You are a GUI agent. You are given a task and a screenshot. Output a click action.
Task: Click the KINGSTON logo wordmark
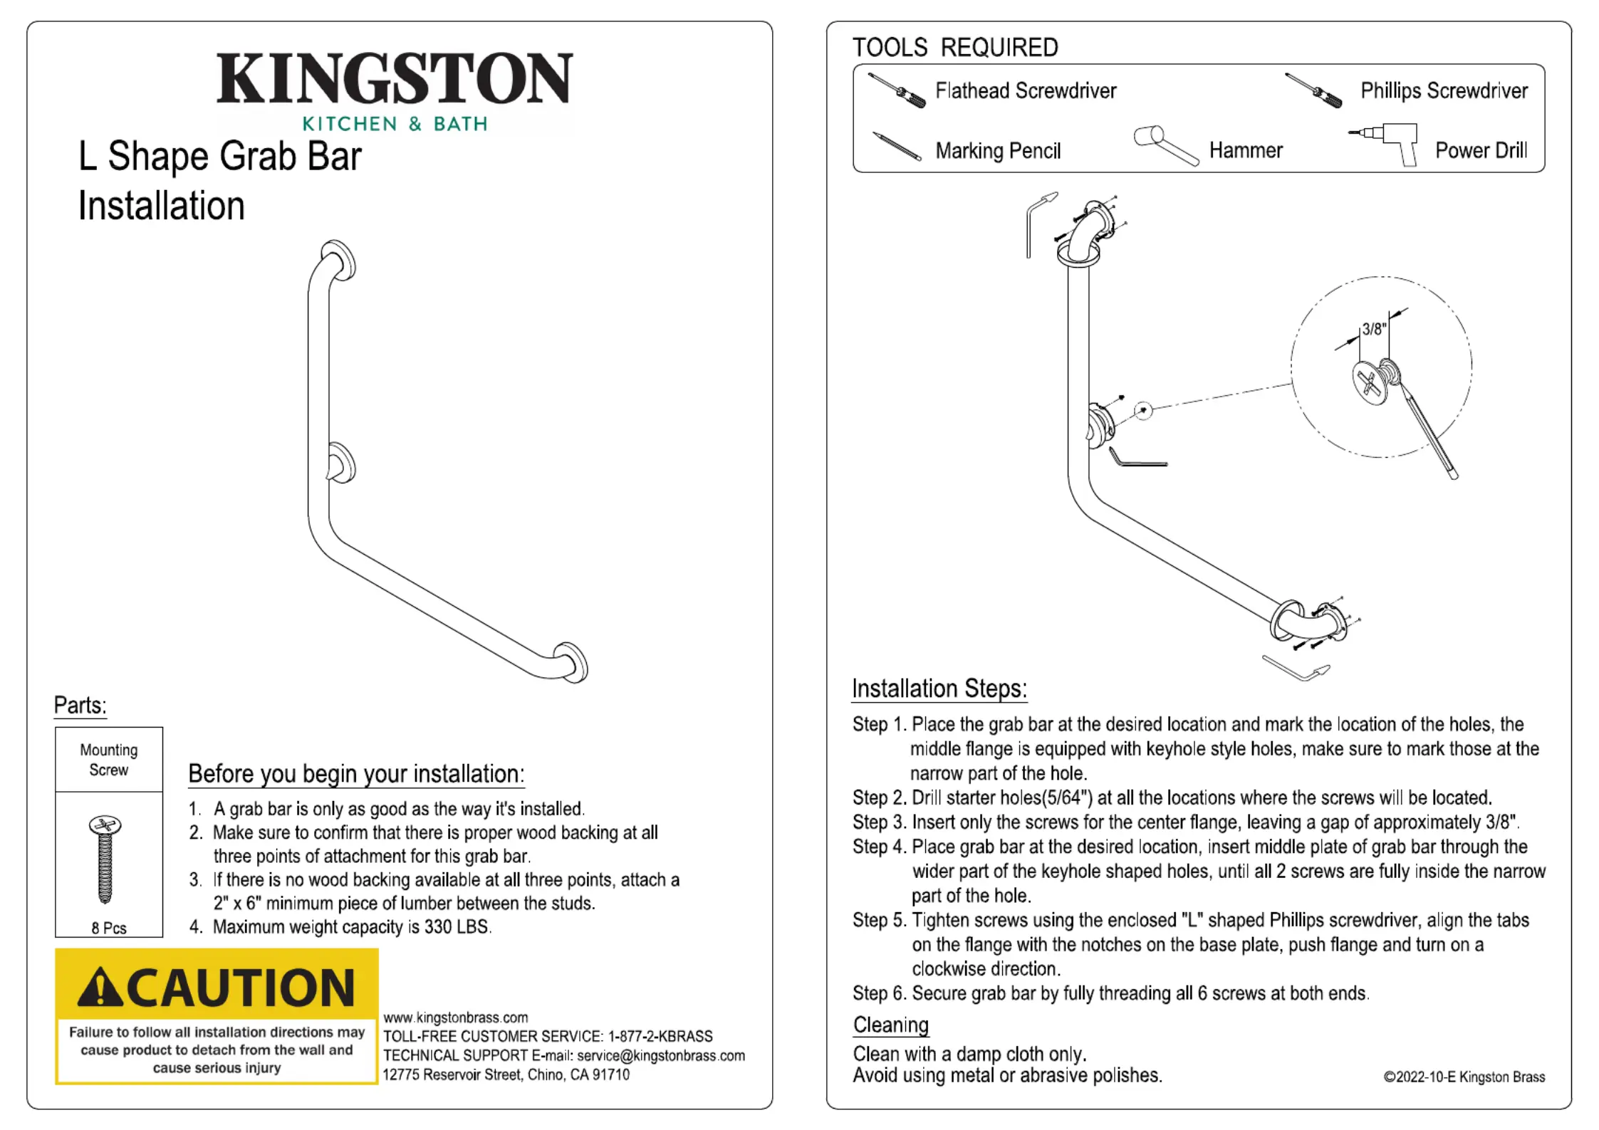(x=394, y=78)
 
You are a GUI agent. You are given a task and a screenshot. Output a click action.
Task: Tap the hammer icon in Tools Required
(x=1165, y=145)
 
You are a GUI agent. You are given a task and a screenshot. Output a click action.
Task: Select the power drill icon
(x=1385, y=143)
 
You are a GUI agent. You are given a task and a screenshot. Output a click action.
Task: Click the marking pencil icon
(x=896, y=147)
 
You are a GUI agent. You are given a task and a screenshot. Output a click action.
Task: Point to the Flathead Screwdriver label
(x=1025, y=91)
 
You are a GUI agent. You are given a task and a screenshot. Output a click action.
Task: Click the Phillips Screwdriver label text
(x=1444, y=91)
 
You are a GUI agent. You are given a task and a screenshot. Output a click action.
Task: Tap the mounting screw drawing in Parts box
(x=105, y=859)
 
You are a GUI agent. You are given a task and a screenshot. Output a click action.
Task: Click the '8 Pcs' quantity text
(x=109, y=928)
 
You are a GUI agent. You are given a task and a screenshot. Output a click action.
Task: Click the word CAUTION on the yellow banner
(x=241, y=988)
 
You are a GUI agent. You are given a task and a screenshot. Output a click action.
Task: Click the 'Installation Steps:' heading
(x=939, y=689)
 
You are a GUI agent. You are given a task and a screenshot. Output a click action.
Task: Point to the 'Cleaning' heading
(x=890, y=1025)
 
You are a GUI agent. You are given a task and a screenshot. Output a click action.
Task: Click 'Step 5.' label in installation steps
(x=879, y=920)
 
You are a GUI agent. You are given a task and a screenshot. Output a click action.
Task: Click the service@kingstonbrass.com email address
(x=660, y=1055)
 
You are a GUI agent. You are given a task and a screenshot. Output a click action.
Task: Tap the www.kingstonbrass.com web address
(x=455, y=1017)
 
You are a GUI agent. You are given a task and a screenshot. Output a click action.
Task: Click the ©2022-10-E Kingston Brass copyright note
(x=1464, y=1077)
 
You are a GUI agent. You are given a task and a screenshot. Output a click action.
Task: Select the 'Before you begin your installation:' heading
(x=356, y=774)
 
